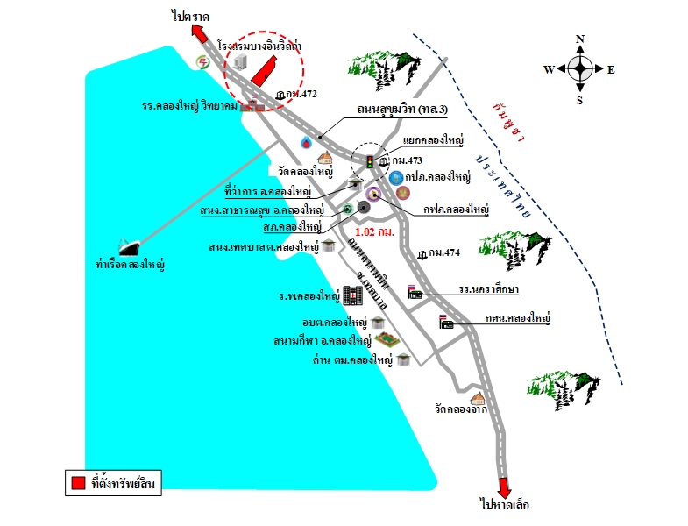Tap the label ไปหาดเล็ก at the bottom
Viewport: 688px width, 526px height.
click(x=505, y=506)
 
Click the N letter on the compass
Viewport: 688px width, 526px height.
click(x=580, y=39)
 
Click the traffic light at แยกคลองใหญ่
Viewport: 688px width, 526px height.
click(x=370, y=161)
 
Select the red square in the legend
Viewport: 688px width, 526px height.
click(x=78, y=482)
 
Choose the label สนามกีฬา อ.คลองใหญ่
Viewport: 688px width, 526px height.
click(x=322, y=339)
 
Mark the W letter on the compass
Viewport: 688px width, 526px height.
click(x=549, y=69)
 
